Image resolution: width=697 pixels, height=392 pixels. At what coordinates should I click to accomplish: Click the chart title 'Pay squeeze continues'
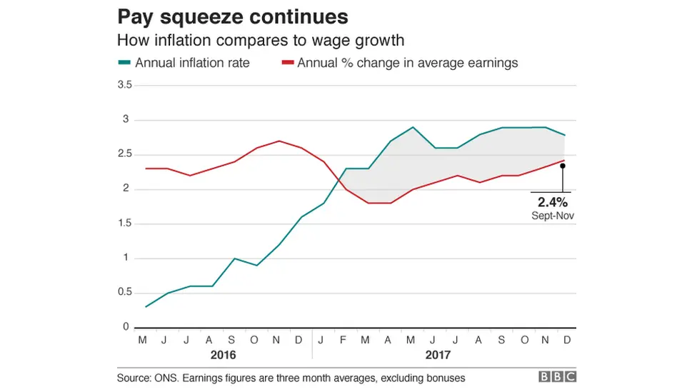click(x=233, y=16)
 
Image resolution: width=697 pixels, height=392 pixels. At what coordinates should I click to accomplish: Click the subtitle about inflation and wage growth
click(x=261, y=41)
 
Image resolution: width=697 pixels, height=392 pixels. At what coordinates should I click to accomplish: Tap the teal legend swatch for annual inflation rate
click(x=124, y=63)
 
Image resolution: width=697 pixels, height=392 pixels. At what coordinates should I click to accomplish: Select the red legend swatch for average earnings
click(x=287, y=63)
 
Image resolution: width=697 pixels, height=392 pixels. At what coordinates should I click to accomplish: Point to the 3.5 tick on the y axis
click(x=124, y=85)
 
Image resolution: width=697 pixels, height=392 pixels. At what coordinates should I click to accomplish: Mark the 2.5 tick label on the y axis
click(x=124, y=154)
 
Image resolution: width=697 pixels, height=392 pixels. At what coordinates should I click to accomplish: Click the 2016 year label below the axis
click(x=224, y=354)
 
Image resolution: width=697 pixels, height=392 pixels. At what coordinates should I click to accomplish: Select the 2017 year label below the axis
click(x=438, y=354)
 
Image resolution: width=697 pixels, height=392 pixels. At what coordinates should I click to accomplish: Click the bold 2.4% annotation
click(x=551, y=202)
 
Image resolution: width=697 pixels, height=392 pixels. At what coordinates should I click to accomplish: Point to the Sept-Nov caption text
click(x=551, y=215)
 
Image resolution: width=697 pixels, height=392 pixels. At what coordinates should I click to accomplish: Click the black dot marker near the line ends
click(x=563, y=166)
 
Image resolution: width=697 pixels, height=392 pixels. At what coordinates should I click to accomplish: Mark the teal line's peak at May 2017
click(x=413, y=127)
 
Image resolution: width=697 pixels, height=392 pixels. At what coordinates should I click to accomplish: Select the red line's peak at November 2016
click(x=279, y=141)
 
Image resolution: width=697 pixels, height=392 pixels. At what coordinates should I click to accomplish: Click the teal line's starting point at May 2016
click(x=146, y=307)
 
